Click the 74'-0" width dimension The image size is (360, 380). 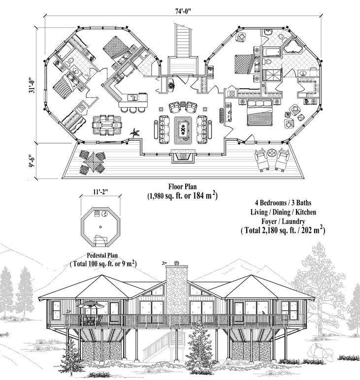tap(183, 11)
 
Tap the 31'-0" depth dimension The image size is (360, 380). tap(31, 85)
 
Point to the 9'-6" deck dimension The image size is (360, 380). tap(31, 161)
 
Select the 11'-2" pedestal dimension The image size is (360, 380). tap(100, 191)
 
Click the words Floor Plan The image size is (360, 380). tap(183, 187)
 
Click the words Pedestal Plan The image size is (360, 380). tap(102, 255)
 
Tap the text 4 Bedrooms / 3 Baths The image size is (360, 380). tap(283, 203)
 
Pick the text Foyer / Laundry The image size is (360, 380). tap(283, 222)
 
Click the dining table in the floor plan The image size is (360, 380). tap(107, 125)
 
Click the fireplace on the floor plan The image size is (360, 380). tap(183, 156)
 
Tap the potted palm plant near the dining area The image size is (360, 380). tap(134, 133)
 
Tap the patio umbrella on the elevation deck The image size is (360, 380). tap(90, 305)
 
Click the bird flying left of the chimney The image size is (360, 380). tap(164, 262)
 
